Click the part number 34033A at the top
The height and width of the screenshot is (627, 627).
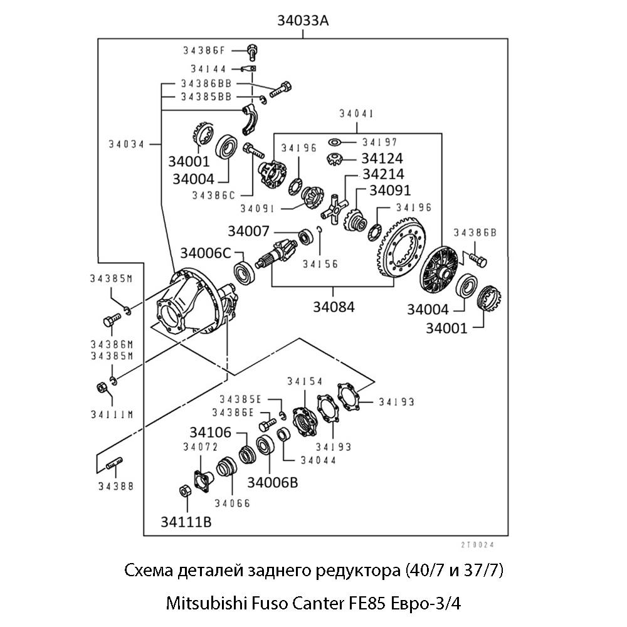point(303,20)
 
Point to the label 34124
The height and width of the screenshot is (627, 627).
point(382,158)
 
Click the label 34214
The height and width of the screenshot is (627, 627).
point(383,174)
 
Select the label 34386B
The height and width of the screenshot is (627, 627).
point(475,233)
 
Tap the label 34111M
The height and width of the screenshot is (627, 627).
point(111,414)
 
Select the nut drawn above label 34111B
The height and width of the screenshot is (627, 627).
point(186,491)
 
